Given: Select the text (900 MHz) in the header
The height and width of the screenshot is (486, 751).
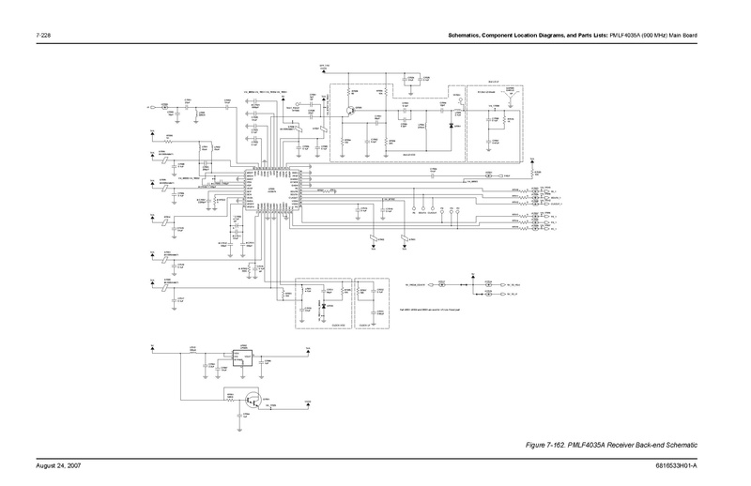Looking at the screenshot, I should tap(652, 37).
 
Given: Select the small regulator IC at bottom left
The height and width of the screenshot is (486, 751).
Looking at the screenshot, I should tap(242, 356).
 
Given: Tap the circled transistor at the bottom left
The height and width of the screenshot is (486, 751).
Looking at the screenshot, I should tap(251, 400).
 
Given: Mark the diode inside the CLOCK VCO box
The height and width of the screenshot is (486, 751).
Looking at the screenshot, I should tap(322, 306).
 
